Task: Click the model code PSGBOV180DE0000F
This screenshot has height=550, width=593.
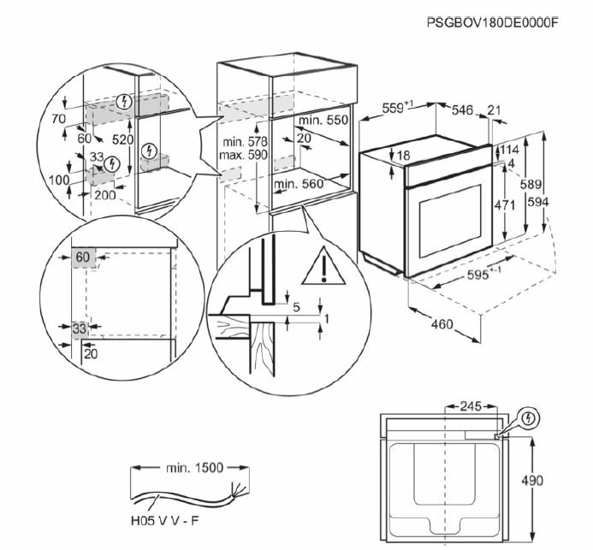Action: pyautogui.click(x=492, y=23)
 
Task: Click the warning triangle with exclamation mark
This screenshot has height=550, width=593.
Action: pyautogui.click(x=323, y=267)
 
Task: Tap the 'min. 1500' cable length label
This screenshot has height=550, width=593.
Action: pyautogui.click(x=194, y=468)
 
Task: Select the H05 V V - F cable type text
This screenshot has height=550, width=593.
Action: pyautogui.click(x=164, y=521)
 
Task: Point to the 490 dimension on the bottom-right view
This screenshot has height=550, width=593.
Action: pyautogui.click(x=531, y=481)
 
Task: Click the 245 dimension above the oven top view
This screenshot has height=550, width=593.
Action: pyautogui.click(x=471, y=406)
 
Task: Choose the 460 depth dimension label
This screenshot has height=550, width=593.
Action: pyautogui.click(x=442, y=324)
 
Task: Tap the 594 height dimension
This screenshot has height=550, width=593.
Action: pyautogui.click(x=537, y=202)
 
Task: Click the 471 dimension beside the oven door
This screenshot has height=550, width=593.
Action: pyautogui.click(x=505, y=205)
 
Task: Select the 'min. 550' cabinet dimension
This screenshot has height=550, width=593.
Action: pyautogui.click(x=323, y=120)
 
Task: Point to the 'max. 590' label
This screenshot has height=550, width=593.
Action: pyautogui.click(x=243, y=155)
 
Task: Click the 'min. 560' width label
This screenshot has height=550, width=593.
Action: pyautogui.click(x=299, y=184)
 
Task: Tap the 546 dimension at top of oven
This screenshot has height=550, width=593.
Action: pyautogui.click(x=462, y=109)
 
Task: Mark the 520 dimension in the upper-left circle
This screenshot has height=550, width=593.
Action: pyautogui.click(x=122, y=139)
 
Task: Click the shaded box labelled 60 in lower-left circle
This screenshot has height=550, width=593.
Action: pyautogui.click(x=84, y=258)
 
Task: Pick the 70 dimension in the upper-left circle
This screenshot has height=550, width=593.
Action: pyautogui.click(x=59, y=119)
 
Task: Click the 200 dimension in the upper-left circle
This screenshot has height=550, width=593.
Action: pyautogui.click(x=104, y=195)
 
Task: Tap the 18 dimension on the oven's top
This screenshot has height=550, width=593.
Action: pyautogui.click(x=404, y=155)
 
